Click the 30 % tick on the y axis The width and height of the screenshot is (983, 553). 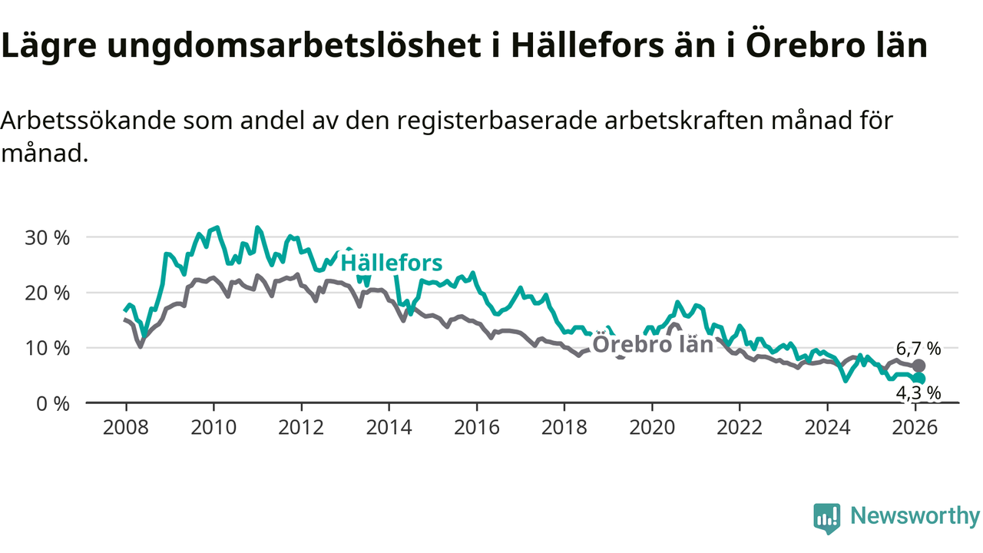coord(48,237)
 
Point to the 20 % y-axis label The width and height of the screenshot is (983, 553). coord(48,293)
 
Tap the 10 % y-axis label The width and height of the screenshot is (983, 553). coord(48,348)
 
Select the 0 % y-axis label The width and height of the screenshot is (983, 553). coord(53,403)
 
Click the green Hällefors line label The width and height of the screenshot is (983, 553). coord(392,263)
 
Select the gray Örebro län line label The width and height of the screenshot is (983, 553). coord(654,345)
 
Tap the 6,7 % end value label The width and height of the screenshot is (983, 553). coord(918,348)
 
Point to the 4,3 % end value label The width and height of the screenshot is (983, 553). coord(918,393)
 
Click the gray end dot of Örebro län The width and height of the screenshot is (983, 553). coord(918,366)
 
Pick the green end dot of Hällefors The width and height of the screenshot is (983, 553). coord(918,379)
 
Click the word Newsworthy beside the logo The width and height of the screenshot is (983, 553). coord(915,516)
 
